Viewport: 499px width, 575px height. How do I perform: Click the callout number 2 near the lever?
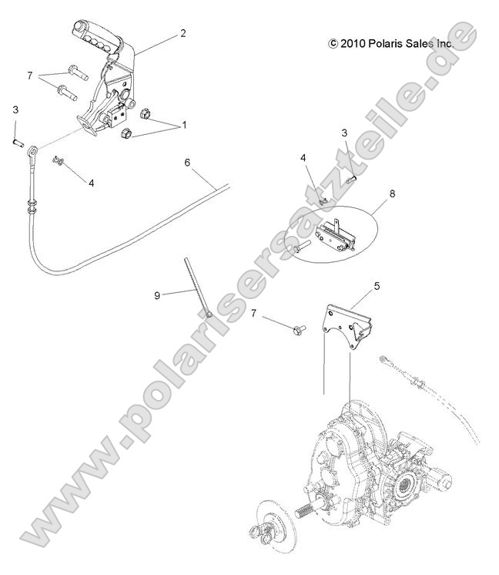pos(183,33)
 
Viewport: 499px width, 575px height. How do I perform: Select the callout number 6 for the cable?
pos(187,163)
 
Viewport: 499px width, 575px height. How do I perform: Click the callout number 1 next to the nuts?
pos(183,124)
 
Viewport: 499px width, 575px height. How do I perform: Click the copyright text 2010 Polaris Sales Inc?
pos(390,45)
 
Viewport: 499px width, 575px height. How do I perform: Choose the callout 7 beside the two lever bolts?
pos(30,76)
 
